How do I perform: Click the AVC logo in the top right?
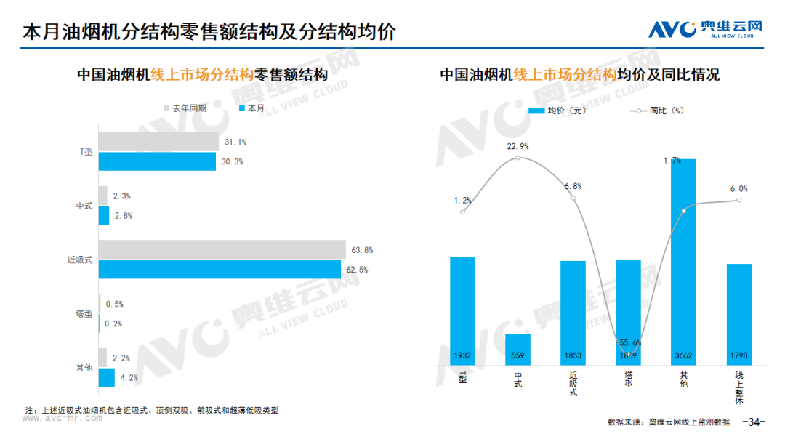pos(705,29)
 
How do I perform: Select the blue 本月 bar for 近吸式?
pos(220,269)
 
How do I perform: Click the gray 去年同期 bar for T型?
pos(158,142)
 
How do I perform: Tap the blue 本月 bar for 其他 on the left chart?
pos(107,377)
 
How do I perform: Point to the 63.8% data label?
pos(362,250)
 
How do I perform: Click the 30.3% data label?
pos(233,161)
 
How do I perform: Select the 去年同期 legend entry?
pos(185,108)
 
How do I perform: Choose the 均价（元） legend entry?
pos(557,110)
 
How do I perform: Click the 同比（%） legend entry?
pos(657,110)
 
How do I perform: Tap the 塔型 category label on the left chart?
pos(84,314)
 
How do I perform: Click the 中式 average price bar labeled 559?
pos(518,349)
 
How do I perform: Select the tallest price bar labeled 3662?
pos(683,262)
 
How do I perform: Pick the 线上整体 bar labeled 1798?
pos(739,314)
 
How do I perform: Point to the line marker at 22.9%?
pos(518,158)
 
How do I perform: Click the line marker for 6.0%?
pos(739,200)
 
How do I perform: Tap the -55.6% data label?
pos(628,343)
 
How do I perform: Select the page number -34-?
pos(754,422)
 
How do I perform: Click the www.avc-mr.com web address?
pos(62,418)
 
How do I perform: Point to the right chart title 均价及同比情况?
pos(669,75)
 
